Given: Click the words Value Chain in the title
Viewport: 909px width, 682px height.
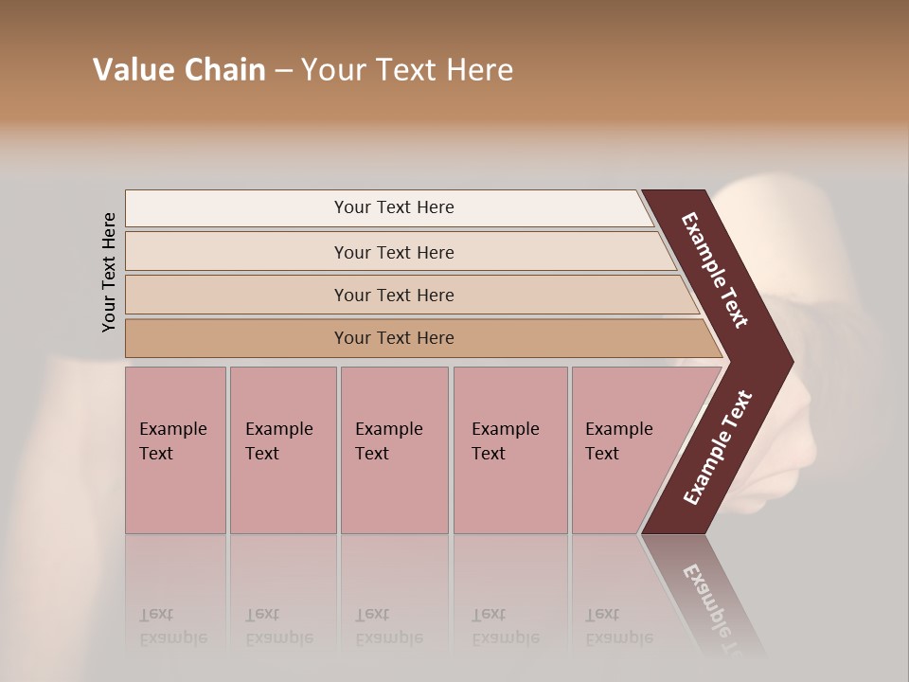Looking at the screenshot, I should click(x=179, y=70).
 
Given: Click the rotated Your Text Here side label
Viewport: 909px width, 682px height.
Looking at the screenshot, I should click(x=109, y=272).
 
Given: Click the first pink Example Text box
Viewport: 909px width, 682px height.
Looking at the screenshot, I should click(x=175, y=450).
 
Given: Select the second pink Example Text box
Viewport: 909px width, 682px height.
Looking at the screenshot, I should click(x=282, y=450).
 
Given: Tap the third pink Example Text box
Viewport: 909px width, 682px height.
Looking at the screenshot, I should click(x=394, y=450).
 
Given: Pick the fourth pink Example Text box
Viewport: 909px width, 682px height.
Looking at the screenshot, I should click(x=510, y=450).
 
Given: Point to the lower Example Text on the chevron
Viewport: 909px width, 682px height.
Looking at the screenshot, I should click(x=718, y=447).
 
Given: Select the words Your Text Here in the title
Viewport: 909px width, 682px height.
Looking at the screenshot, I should click(x=407, y=70).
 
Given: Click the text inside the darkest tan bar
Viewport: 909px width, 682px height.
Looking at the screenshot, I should click(x=393, y=338).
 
